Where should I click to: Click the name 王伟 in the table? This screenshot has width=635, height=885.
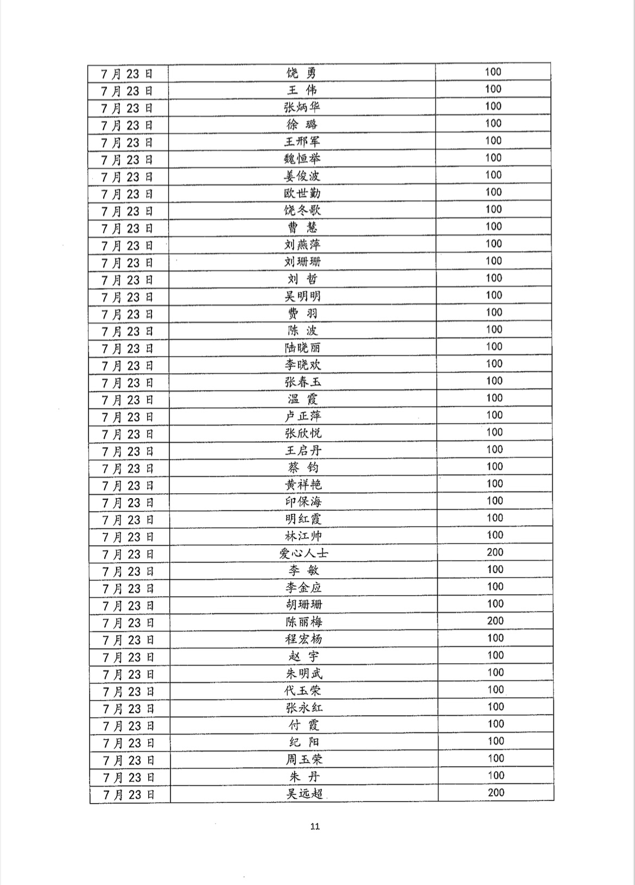point(302,90)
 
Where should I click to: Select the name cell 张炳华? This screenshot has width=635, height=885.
point(302,107)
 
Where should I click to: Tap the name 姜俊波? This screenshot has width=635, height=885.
point(302,176)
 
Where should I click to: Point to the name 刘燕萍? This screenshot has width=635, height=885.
point(302,245)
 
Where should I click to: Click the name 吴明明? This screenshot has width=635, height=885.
point(302,296)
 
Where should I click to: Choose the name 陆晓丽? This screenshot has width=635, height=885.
point(302,348)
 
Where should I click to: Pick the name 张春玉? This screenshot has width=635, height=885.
point(302,382)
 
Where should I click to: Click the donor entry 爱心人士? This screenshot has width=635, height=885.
point(303,554)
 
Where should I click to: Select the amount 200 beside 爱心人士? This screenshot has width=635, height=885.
point(495,552)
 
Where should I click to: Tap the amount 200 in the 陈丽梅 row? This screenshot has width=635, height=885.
point(495,621)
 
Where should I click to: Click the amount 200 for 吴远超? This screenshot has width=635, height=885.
point(496,793)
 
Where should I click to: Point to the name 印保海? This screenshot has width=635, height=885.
point(303,502)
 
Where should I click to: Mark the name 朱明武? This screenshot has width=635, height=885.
point(304,674)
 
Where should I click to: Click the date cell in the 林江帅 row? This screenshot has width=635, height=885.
point(128,537)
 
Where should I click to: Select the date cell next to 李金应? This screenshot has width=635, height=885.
point(129,589)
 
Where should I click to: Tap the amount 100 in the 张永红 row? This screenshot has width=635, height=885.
point(496,707)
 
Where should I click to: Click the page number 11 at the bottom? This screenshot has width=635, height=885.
point(315,827)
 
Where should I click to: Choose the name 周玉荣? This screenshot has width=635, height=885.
point(304,760)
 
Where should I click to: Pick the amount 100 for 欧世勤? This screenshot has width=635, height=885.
point(493,192)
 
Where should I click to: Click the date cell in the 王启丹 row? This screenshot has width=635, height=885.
point(128,451)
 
